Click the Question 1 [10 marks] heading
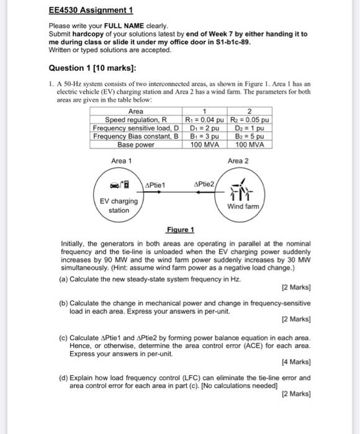[90, 67]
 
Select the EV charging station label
[119, 205]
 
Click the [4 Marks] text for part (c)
[295, 360]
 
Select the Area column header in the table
[136, 112]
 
